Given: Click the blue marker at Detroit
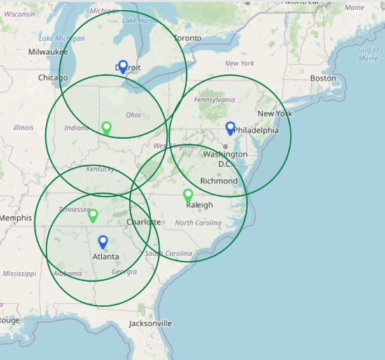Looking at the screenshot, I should point(123,67).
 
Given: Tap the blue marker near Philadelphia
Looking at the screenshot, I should point(231,128).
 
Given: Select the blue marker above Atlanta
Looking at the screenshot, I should point(103,242).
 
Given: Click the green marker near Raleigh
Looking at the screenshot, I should point(188,195).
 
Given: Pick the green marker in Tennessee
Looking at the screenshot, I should point(93,215).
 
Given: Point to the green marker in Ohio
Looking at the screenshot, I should point(107,128).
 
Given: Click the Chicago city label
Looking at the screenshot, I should point(53,78).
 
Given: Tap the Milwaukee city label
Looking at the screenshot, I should point(48,52).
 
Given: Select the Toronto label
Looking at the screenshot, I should point(187,38).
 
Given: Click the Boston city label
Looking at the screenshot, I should point(323,78).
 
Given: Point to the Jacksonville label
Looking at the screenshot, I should point(150,323).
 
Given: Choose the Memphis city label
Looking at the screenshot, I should point(15,218).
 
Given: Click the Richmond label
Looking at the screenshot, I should point(218,181).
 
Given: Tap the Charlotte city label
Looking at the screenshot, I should point(144,222).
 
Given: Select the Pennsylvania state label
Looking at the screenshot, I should point(214,100).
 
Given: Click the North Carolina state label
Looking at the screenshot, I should point(199,223).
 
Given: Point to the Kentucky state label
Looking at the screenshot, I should point(101,169).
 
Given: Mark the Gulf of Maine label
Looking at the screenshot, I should point(368,54).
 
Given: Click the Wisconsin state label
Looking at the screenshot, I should point(19,14).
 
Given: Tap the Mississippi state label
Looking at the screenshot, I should point(19,273).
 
